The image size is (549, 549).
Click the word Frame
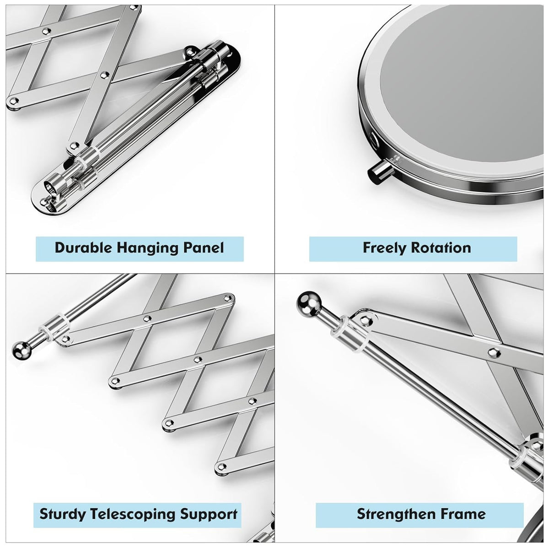(463, 514)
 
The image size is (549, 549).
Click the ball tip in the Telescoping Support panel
(22, 349)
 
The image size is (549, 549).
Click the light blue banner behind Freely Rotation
(413, 249)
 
